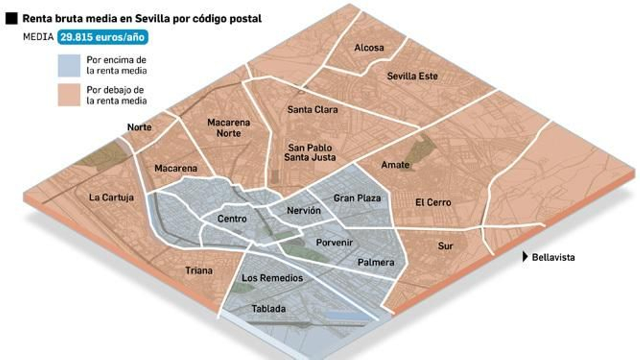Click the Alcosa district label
click(369, 48)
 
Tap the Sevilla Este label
click(412, 76)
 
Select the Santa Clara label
click(312, 109)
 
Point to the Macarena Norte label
click(228, 128)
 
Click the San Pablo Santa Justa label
click(310, 152)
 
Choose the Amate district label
click(395, 165)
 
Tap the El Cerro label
click(433, 202)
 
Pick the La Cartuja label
click(111, 198)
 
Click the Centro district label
click(232, 219)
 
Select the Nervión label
click(304, 210)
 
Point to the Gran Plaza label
click(357, 198)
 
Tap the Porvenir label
click(334, 242)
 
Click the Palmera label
click(376, 262)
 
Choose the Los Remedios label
click(272, 278)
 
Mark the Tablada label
click(268, 309)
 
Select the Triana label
click(199, 271)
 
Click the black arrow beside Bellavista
click(525, 257)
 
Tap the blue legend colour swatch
click(69, 66)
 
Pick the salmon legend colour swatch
click(69, 95)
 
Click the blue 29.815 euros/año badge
click(102, 37)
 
